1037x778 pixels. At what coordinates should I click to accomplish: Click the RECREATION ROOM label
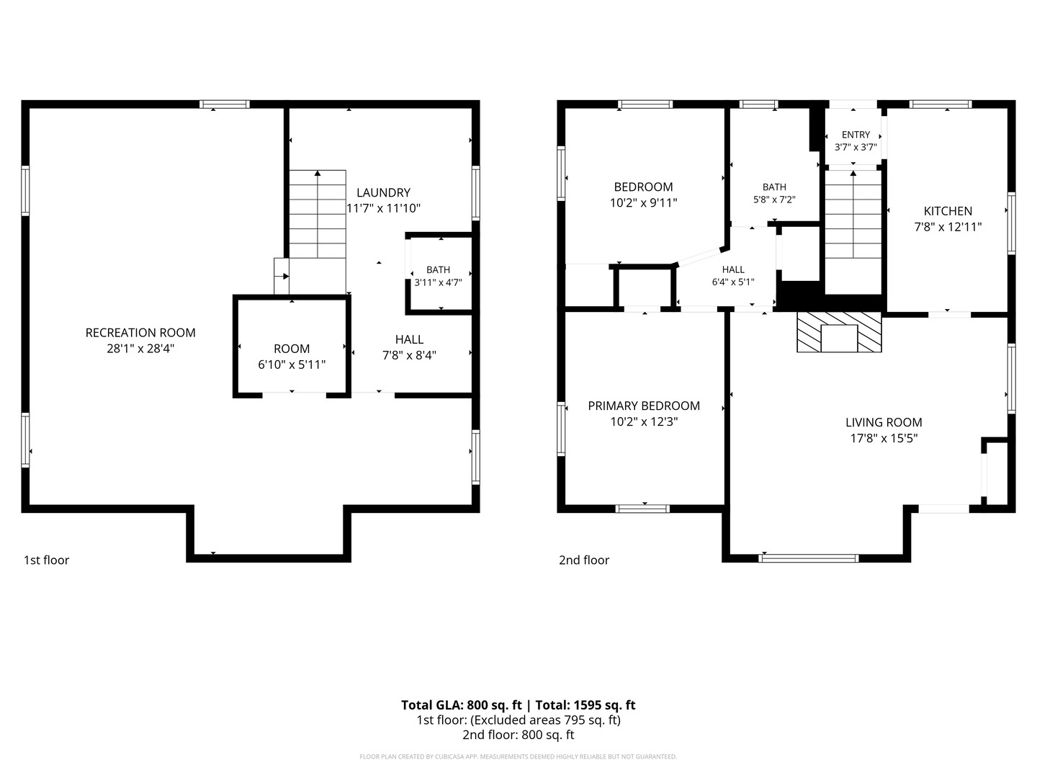point(140,333)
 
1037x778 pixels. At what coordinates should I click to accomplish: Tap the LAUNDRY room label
point(383,193)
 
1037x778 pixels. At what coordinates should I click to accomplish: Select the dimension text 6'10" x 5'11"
point(292,365)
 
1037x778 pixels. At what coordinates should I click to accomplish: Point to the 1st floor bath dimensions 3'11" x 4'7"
point(438,282)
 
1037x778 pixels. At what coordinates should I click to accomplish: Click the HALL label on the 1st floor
point(409,339)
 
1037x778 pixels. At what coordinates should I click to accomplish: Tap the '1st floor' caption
point(46,560)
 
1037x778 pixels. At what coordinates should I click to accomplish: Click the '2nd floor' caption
point(584,560)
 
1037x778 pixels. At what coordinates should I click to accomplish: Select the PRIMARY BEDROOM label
point(644,406)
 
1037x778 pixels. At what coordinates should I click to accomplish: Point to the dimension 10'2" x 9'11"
point(644,202)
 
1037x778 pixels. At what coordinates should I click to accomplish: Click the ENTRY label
point(856,135)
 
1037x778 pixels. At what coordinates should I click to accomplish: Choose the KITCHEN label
point(948,211)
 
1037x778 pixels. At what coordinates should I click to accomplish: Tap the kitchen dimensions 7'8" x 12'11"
point(948,227)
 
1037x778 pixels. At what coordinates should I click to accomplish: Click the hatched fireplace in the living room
point(839,331)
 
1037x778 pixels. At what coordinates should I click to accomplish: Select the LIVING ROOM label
point(884,422)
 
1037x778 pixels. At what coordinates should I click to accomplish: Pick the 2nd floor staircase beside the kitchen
point(853,231)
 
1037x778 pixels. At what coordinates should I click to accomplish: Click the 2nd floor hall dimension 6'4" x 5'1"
point(733,282)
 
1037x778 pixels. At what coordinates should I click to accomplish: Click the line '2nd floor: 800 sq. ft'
point(518,735)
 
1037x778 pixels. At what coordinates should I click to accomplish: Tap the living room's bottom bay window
point(808,558)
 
